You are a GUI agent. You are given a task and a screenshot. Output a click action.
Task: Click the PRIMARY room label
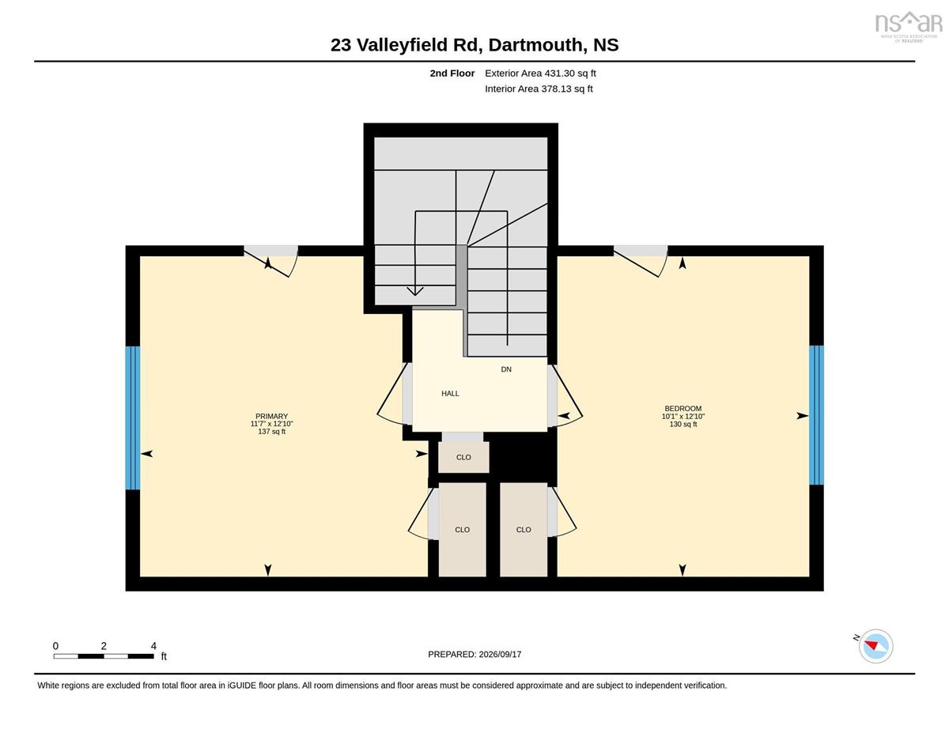[x=271, y=416]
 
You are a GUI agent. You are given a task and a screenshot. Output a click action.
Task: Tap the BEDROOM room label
[x=683, y=409]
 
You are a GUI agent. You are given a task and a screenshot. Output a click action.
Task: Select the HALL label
[x=450, y=393]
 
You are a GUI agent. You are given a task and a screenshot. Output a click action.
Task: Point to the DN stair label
[x=506, y=369]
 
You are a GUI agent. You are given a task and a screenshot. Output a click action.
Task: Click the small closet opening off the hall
[x=463, y=457]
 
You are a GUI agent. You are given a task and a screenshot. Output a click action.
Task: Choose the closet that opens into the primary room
[x=462, y=529]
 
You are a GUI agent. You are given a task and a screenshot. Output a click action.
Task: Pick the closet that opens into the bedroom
[x=524, y=529]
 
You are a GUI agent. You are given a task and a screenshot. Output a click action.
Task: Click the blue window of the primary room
[x=133, y=418]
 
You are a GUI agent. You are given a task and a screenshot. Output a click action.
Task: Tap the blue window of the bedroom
[x=816, y=415]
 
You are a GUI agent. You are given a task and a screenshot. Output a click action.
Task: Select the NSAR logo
[x=908, y=27]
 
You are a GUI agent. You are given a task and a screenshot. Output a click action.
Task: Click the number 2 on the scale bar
[x=104, y=646]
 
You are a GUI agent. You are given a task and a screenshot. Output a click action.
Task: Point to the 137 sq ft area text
[x=271, y=431]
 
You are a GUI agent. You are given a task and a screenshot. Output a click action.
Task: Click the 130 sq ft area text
[x=683, y=424]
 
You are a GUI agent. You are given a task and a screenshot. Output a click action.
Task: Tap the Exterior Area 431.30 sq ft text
[x=540, y=73]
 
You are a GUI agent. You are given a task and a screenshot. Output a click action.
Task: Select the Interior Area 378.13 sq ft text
[x=539, y=89]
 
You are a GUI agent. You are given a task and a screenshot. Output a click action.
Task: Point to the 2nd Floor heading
[x=452, y=73]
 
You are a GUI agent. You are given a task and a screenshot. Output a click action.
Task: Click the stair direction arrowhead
[x=415, y=291]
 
